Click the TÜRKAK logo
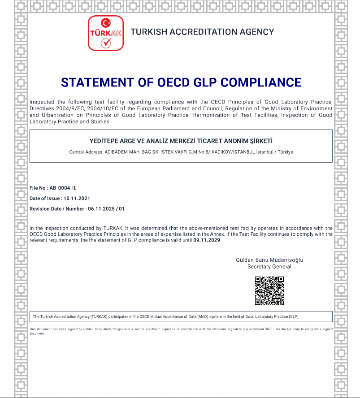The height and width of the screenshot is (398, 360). click(106, 33)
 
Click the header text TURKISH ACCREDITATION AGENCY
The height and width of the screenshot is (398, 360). click(202, 32)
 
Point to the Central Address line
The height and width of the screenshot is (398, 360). click(181, 152)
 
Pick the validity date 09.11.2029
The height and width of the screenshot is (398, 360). click(207, 240)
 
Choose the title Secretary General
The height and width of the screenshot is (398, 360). click(269, 267)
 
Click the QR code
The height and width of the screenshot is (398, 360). click(269, 291)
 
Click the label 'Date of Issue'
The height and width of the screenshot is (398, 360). click(44, 198)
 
